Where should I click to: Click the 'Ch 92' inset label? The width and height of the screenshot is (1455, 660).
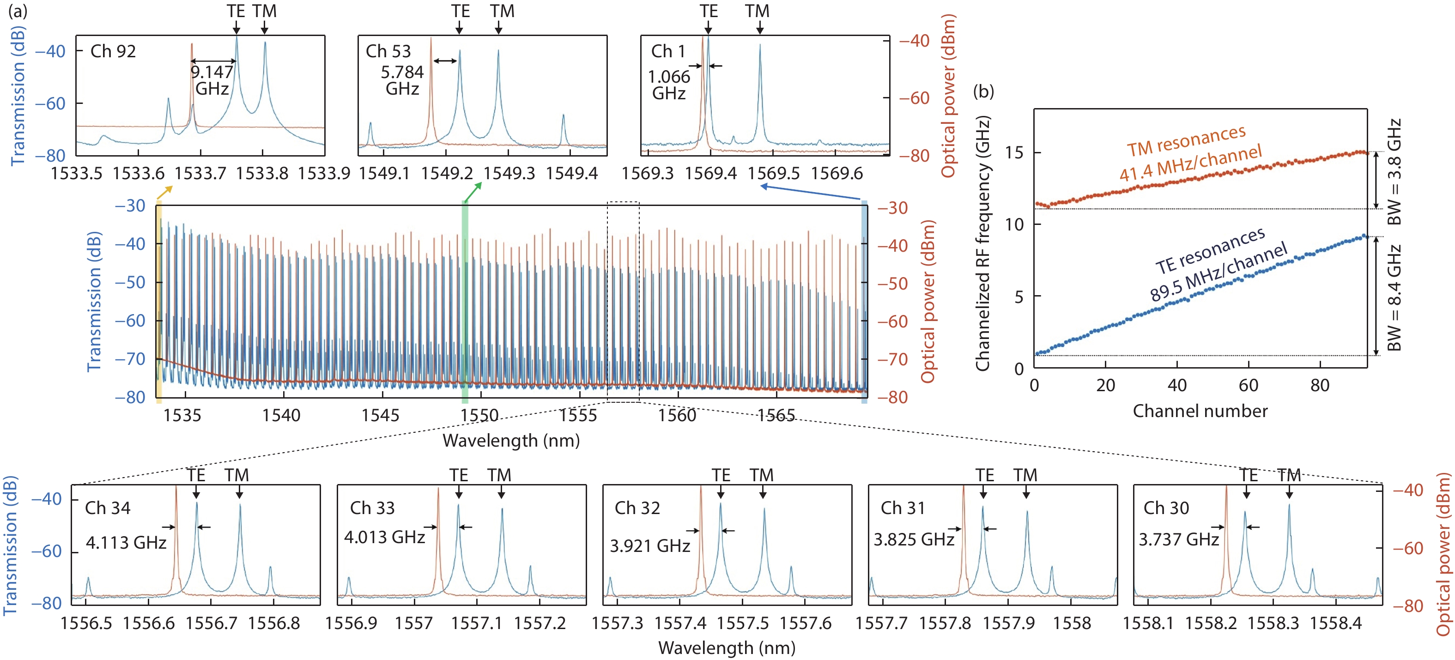pyautogui.click(x=113, y=51)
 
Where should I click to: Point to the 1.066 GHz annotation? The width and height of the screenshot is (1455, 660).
pyautogui.click(x=669, y=85)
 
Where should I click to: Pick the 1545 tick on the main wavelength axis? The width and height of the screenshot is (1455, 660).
pyautogui.click(x=380, y=416)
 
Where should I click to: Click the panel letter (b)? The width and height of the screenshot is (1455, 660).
pyautogui.click(x=983, y=91)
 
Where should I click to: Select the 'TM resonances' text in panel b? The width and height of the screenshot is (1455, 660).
pyautogui.click(x=1186, y=140)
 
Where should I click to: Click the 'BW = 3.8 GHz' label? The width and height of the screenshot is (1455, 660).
pyautogui.click(x=1394, y=172)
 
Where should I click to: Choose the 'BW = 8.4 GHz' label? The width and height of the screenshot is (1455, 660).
pyautogui.click(x=1394, y=297)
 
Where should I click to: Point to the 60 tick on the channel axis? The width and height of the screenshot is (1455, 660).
pyautogui.click(x=1248, y=386)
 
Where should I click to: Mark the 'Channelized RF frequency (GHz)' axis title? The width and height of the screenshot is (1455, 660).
pyautogui.click(x=983, y=243)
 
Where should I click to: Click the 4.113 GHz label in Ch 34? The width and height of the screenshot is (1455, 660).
pyautogui.click(x=126, y=543)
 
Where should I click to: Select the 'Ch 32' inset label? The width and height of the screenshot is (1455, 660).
pyautogui.click(x=637, y=508)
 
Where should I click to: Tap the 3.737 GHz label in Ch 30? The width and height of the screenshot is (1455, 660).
pyautogui.click(x=1179, y=540)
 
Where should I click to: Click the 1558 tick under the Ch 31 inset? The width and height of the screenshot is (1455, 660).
pyautogui.click(x=1072, y=624)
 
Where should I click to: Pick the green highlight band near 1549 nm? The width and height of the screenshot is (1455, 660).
pyautogui.click(x=465, y=302)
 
